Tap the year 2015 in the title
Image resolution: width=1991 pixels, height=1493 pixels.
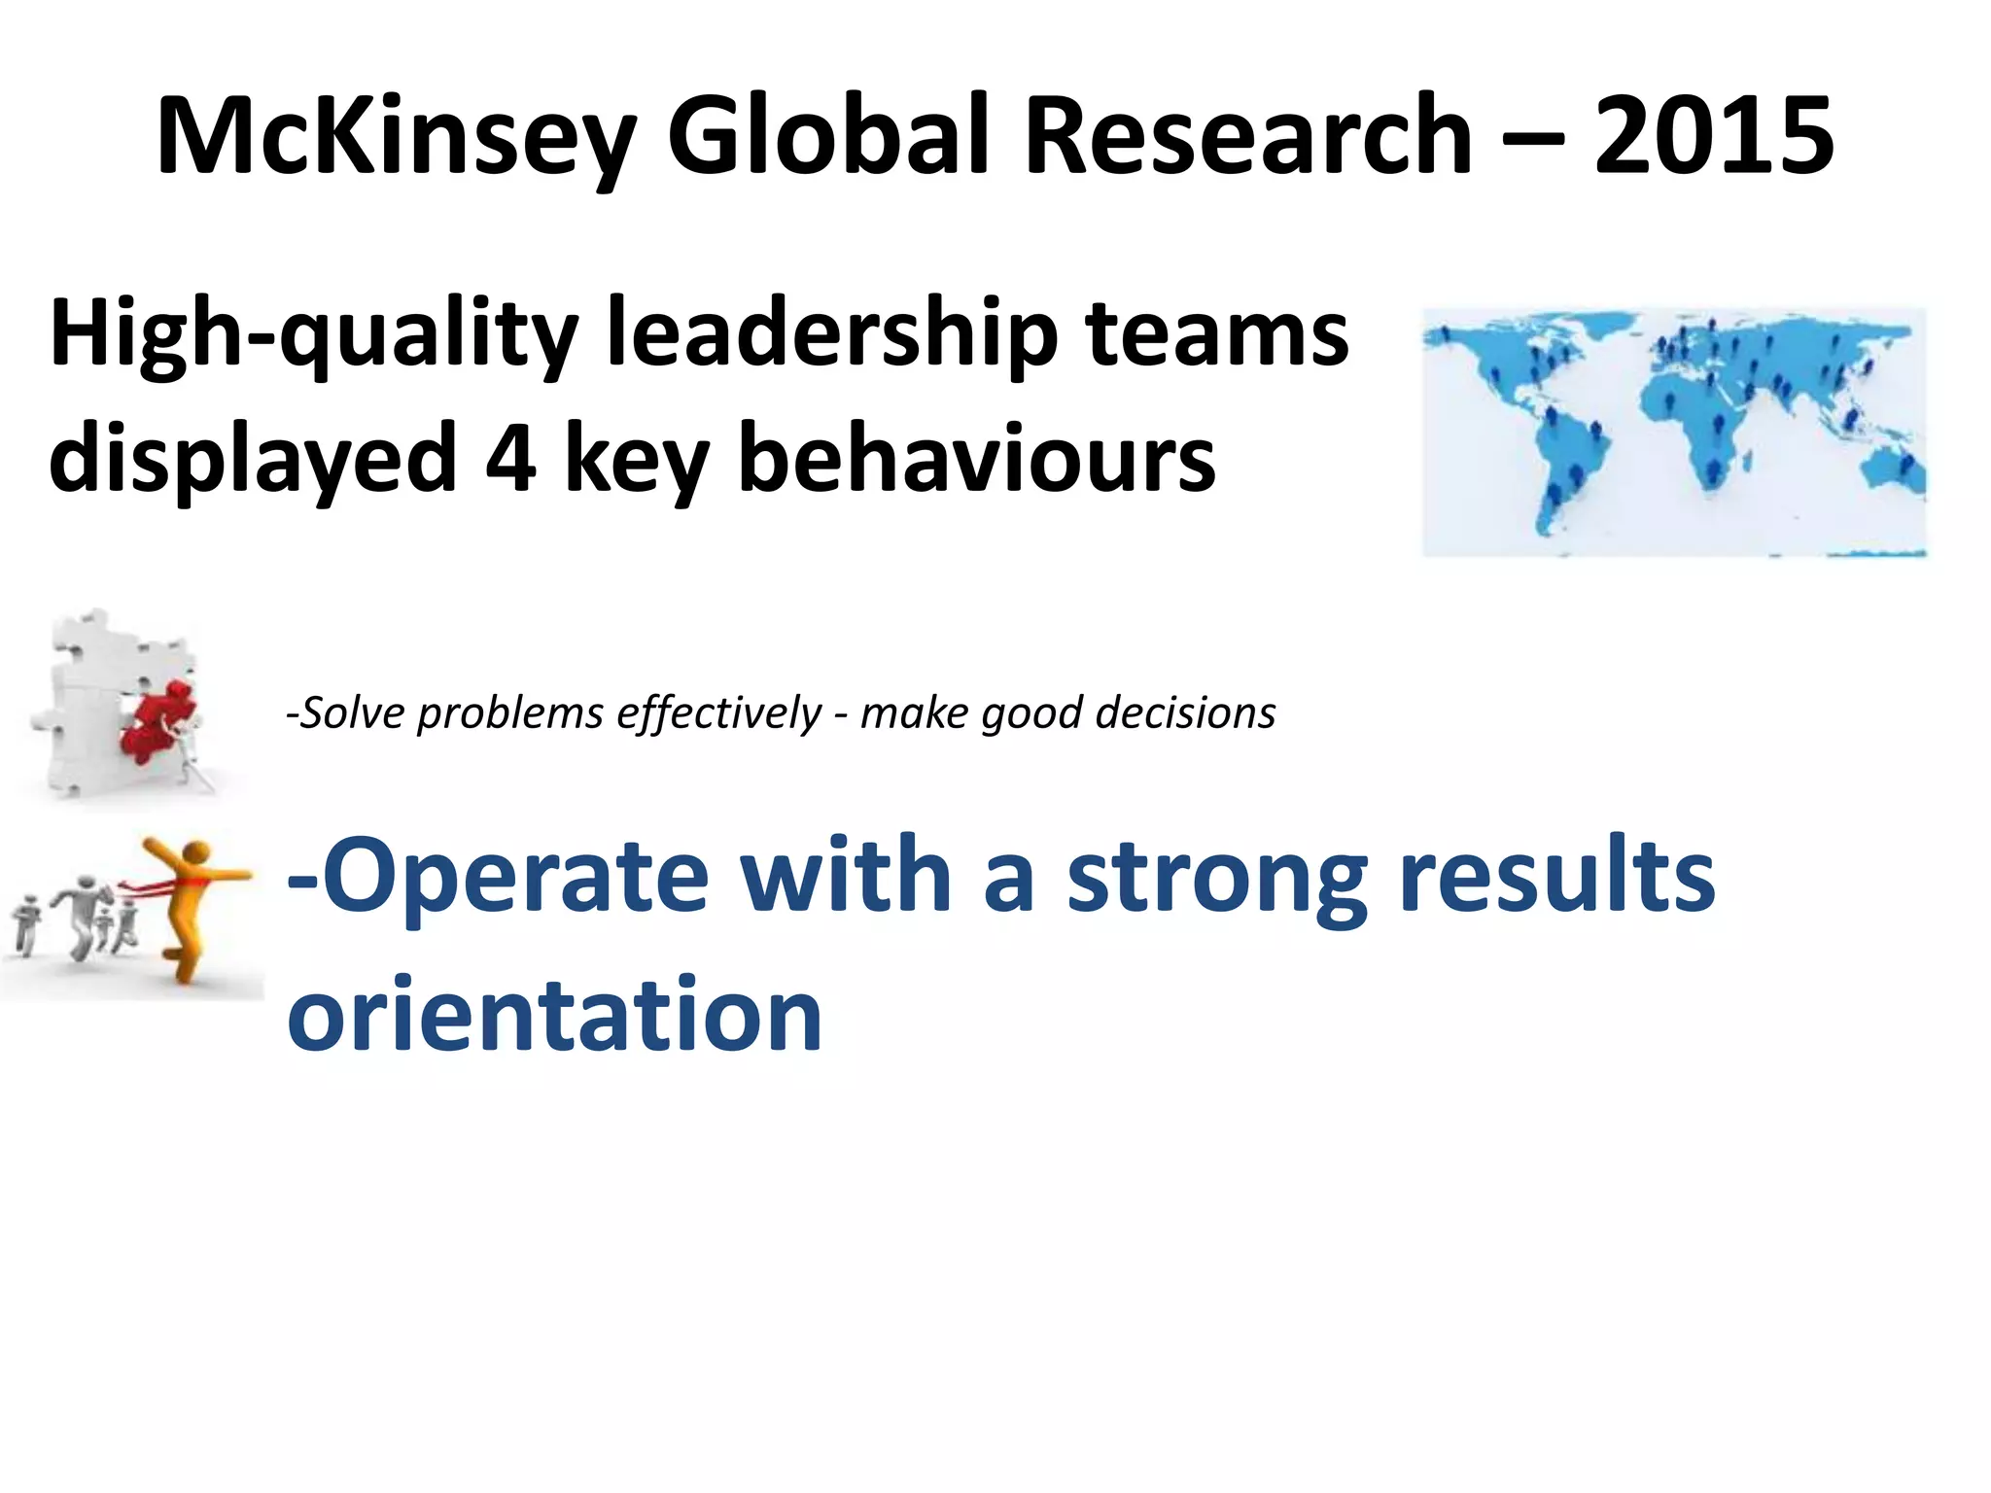click(1714, 136)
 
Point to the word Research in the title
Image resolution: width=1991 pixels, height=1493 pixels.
click(1248, 136)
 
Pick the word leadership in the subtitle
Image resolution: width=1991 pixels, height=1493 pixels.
click(832, 335)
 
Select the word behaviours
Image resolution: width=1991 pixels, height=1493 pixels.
click(976, 459)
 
